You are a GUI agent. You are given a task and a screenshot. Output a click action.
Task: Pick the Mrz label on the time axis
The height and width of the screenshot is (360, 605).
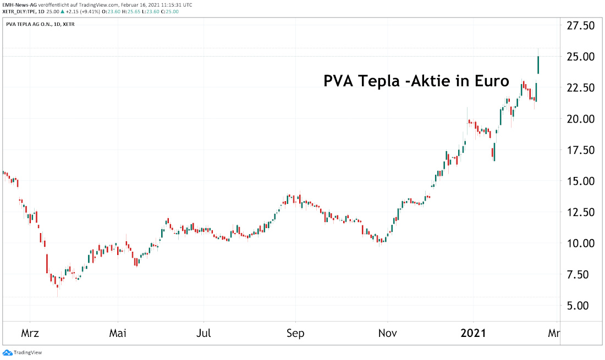click(x=30, y=333)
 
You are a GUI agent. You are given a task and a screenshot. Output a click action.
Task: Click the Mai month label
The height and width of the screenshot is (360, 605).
click(x=117, y=333)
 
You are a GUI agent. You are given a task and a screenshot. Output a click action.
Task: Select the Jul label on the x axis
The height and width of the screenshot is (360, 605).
click(x=204, y=333)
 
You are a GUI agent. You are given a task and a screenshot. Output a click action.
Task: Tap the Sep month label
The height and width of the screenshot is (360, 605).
click(x=295, y=333)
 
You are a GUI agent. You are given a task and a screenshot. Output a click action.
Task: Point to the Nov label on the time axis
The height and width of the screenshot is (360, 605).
click(x=387, y=333)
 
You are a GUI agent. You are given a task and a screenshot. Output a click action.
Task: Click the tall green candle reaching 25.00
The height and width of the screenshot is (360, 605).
click(x=538, y=65)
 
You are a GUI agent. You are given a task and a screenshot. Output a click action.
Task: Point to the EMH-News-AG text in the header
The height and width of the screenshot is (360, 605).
click(x=19, y=4)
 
